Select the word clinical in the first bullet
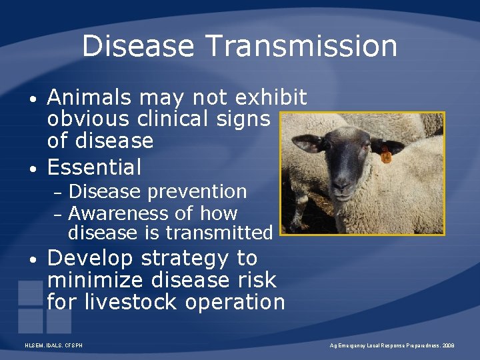[x=185, y=119]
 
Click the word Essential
[x=94, y=167]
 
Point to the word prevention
[x=197, y=192]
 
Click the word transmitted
[x=219, y=233]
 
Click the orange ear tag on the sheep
[x=385, y=156]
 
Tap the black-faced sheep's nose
[x=343, y=181]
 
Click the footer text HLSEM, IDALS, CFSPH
[x=53, y=346]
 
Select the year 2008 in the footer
[x=447, y=346]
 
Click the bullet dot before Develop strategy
[x=33, y=259]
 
